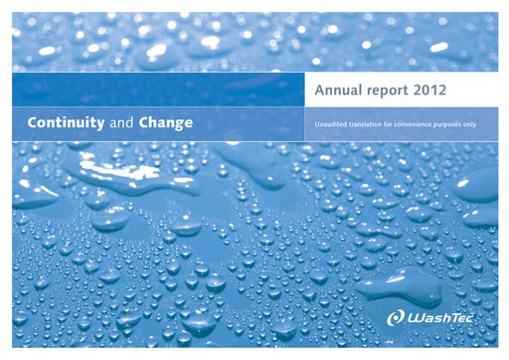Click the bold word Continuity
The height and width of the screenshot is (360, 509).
(x=67, y=124)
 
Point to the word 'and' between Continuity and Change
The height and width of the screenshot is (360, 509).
(x=120, y=124)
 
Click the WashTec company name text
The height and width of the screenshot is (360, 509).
(x=444, y=318)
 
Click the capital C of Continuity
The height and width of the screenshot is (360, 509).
(x=33, y=124)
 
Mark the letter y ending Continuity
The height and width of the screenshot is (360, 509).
(x=102, y=125)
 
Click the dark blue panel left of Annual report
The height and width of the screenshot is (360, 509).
(x=158, y=90)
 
